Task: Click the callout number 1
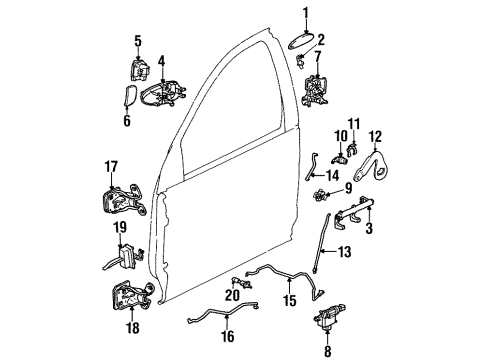306,12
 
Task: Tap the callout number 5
139,41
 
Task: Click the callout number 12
376,136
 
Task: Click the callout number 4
161,61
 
